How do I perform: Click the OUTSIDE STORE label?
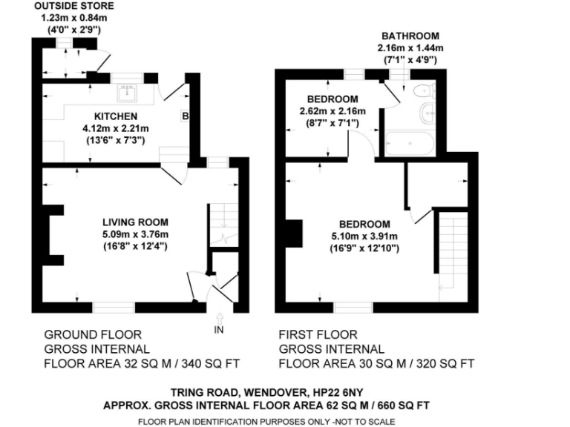click(68, 7)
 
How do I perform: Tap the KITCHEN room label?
click(116, 116)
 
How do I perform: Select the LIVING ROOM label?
click(136, 222)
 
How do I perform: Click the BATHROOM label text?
click(410, 36)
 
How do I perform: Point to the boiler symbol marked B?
click(185, 116)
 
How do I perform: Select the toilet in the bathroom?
click(424, 91)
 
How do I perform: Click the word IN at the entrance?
click(219, 328)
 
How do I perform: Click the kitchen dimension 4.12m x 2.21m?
click(116, 128)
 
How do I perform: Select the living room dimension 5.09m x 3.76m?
click(136, 234)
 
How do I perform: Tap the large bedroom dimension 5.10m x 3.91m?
click(364, 237)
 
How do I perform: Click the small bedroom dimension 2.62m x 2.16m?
click(333, 111)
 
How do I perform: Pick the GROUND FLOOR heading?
click(93, 335)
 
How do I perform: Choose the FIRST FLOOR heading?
click(318, 335)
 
